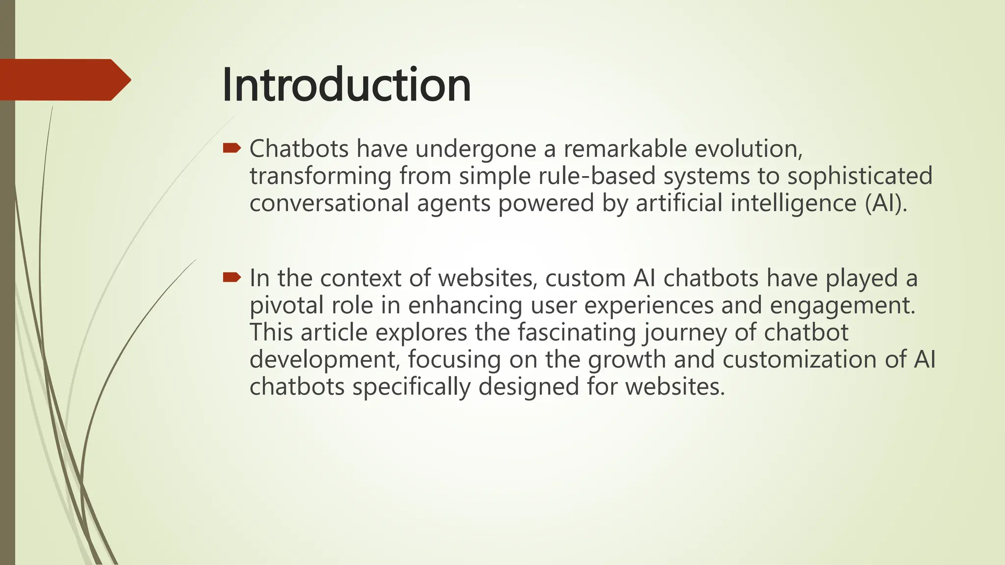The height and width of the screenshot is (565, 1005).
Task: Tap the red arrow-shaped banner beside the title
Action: pos(64,80)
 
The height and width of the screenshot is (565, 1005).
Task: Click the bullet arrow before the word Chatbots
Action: pos(232,148)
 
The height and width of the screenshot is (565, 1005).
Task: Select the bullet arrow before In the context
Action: pos(232,278)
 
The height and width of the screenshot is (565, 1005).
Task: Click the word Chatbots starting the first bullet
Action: pos(299,149)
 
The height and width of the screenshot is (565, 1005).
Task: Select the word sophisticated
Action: pos(860,176)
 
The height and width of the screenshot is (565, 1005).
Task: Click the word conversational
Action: pos(329,203)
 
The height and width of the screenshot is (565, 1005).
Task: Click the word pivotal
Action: pos(287,306)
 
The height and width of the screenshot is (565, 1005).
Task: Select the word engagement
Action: pos(842,306)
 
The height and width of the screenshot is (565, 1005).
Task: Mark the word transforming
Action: pos(320,176)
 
